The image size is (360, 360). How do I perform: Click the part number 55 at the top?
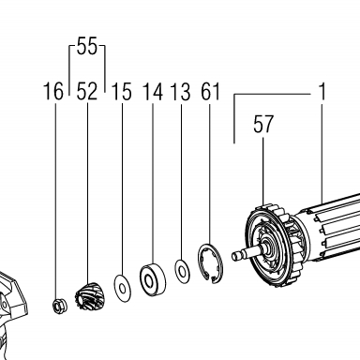tap(87, 46)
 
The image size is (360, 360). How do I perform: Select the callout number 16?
tap(53, 91)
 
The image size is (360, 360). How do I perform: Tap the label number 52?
tap(87, 91)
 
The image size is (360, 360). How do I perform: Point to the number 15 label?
tap(121, 91)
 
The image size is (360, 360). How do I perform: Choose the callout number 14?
tap(153, 91)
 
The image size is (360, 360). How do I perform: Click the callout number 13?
tap(180, 91)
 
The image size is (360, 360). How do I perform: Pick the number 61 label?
tap(210, 91)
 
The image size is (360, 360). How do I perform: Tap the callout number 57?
tap(263, 124)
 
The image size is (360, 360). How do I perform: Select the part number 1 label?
tap(322, 91)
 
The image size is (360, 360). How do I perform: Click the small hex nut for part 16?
tap(58, 306)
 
